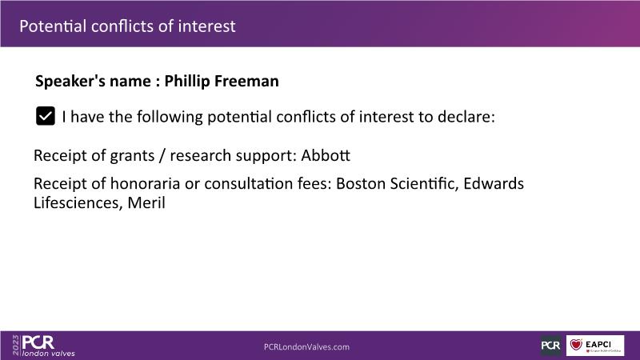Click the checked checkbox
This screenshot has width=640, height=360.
46,116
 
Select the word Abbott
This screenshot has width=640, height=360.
326,155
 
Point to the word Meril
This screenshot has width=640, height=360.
146,203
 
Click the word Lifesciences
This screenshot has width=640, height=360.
78,203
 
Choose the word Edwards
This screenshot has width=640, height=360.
494,184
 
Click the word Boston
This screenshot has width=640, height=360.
361,184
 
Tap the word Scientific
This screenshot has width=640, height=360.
424,184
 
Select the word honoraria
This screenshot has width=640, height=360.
145,184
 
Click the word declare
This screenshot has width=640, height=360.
466,117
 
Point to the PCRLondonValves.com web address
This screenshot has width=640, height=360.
306,347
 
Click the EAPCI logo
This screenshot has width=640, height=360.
595,346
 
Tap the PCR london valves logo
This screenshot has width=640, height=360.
48,346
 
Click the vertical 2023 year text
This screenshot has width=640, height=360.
15,346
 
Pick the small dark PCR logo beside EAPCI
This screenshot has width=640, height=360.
550,346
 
